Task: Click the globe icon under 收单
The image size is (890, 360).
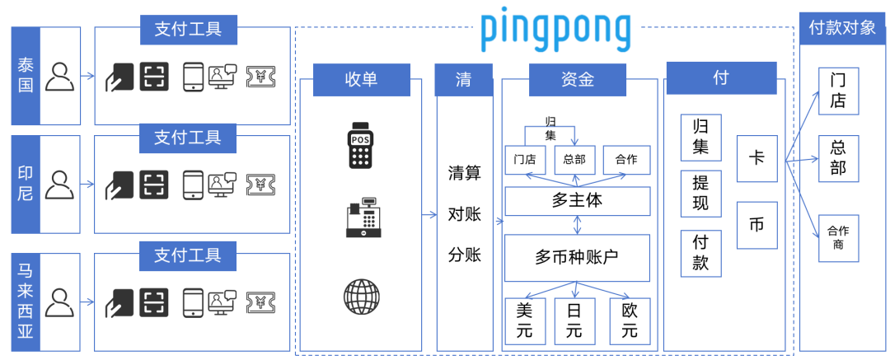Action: [x=362, y=295]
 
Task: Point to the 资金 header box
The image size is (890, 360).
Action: [x=578, y=79]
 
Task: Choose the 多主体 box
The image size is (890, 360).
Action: [x=578, y=200]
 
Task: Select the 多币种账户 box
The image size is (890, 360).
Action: [x=577, y=257]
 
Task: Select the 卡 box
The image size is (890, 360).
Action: [x=756, y=158]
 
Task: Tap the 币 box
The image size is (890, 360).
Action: [x=756, y=225]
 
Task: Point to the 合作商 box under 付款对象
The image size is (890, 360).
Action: [x=838, y=237]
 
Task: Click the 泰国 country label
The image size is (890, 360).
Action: [x=26, y=76]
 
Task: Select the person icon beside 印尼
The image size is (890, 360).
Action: [x=59, y=185]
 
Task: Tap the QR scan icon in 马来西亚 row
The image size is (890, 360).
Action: [x=153, y=302]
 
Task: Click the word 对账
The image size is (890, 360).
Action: [x=465, y=214]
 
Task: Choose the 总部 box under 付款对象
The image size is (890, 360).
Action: [x=838, y=159]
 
